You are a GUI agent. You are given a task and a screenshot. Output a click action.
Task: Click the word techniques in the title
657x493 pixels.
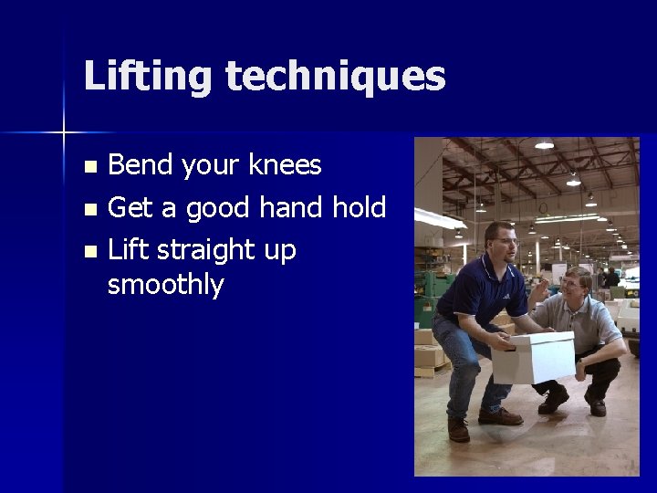(335, 77)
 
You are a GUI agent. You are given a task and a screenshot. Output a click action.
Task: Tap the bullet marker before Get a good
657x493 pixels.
(89, 210)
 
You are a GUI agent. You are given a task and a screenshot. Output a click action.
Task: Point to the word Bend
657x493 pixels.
(141, 166)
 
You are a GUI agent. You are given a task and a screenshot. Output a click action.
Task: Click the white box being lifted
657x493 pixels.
(533, 358)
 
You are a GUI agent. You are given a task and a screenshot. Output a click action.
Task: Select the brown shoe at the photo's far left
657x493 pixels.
(459, 429)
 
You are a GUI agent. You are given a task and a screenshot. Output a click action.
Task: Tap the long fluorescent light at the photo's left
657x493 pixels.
(443, 218)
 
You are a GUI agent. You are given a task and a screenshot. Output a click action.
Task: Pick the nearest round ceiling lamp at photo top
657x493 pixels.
(544, 144)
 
